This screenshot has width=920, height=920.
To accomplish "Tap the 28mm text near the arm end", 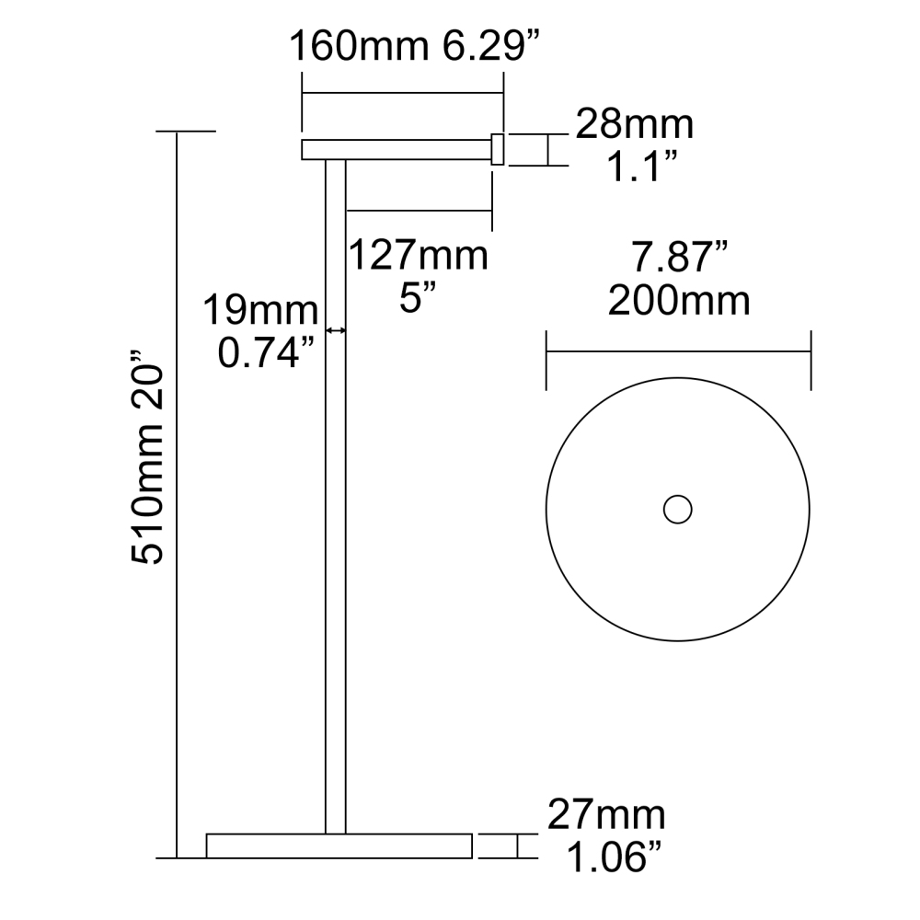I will pos(634,123).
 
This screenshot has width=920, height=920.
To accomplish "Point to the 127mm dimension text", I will pos(418,255).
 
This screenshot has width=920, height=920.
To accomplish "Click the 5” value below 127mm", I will pos(418,298).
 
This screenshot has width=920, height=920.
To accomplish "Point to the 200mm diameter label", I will pos(678,300).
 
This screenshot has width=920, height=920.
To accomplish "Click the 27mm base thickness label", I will pos(606,815).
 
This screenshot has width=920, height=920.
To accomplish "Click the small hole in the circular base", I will pos(678,509).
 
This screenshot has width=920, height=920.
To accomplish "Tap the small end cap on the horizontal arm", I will pos(498,149).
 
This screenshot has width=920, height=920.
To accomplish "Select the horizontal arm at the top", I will pos(396,149).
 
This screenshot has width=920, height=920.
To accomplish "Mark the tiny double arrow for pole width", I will pos(336,330).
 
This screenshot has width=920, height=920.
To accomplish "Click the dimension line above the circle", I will pos(678,350).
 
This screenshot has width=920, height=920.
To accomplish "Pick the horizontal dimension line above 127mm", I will pos(419,211).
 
